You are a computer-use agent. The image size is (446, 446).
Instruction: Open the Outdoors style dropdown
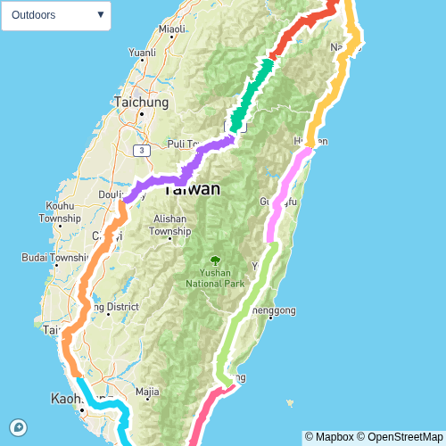click(56, 15)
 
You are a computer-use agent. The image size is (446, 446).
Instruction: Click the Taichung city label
click(141, 103)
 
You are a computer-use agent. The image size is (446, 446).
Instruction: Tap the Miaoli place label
click(171, 29)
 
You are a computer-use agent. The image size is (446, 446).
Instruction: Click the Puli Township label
click(186, 143)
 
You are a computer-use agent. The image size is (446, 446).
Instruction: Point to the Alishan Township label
click(169, 225)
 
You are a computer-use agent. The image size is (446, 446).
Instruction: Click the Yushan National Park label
click(215, 278)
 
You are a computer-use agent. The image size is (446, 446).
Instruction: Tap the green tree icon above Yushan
click(215, 260)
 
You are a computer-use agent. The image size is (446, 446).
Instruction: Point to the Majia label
click(147, 391)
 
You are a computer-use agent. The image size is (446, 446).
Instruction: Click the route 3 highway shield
click(141, 151)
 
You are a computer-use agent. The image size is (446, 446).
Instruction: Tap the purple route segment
click(178, 173)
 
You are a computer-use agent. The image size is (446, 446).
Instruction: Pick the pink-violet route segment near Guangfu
click(285, 196)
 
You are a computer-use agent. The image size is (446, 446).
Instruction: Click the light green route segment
click(241, 312)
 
